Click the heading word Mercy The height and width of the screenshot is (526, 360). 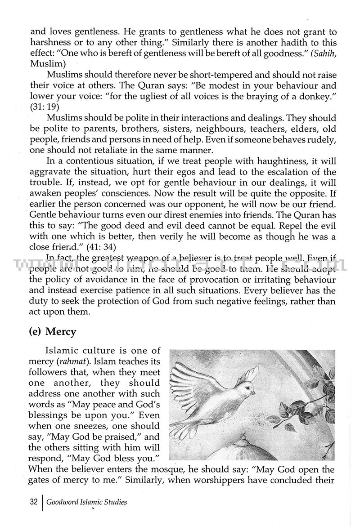(x=60, y=332)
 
